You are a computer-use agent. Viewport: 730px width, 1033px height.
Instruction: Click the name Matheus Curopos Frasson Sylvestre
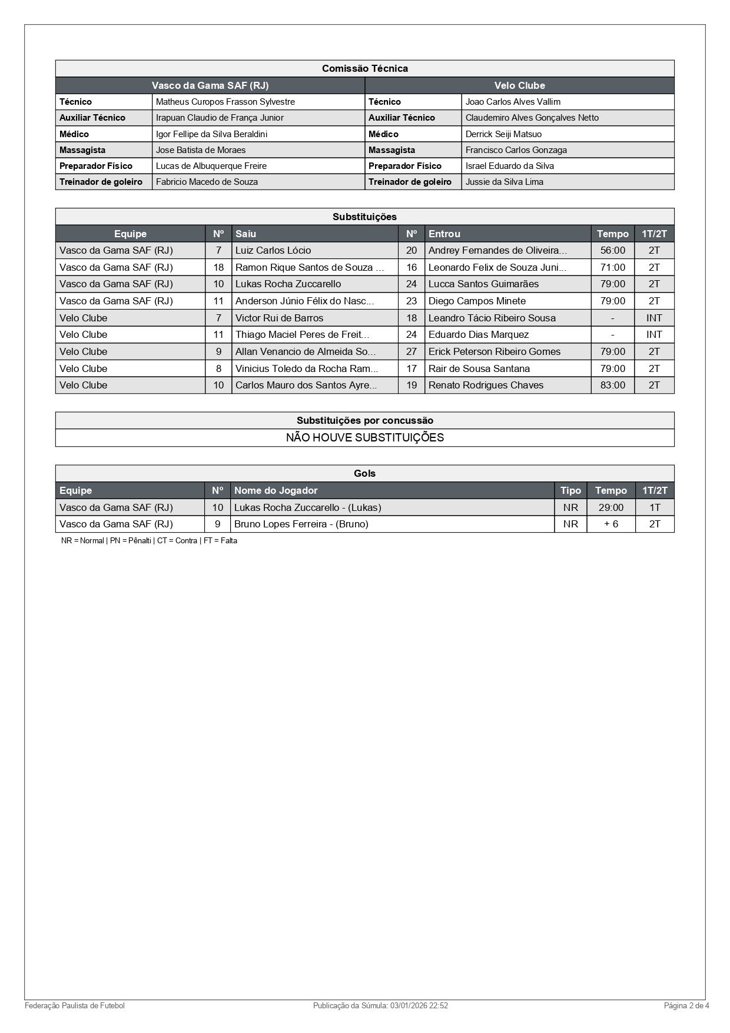pyautogui.click(x=225, y=102)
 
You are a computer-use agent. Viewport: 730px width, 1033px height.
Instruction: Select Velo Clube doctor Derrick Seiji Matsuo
pyautogui.click(x=503, y=134)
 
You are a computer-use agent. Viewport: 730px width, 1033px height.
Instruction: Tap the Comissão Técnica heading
pyautogui.click(x=364, y=69)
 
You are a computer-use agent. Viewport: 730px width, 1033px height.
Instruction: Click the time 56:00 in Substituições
pyautogui.click(x=612, y=251)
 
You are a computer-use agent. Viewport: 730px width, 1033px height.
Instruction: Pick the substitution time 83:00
pyautogui.click(x=612, y=386)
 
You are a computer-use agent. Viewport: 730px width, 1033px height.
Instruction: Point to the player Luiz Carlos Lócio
pyautogui.click(x=273, y=251)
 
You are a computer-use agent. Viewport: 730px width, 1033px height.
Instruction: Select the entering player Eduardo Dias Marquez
pyautogui.click(x=478, y=335)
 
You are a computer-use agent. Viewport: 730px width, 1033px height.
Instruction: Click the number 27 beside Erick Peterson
pyautogui.click(x=412, y=352)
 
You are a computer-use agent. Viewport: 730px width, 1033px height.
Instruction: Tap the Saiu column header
pyautogui.click(x=245, y=234)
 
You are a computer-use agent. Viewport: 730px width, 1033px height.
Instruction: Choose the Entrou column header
pyautogui.click(x=444, y=234)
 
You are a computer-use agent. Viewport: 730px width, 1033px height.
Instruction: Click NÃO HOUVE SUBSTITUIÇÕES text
pyautogui.click(x=364, y=438)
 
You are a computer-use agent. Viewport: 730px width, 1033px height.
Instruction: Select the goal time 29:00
pyautogui.click(x=610, y=508)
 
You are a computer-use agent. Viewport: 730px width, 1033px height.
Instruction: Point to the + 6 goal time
pyautogui.click(x=610, y=524)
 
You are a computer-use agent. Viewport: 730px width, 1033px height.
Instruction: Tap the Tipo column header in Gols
pyautogui.click(x=570, y=491)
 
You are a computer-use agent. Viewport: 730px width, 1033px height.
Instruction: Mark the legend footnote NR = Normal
pyautogui.click(x=82, y=541)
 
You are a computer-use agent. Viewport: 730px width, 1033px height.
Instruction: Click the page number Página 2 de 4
pyautogui.click(x=686, y=1006)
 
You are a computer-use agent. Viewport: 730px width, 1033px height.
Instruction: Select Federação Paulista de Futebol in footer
pyautogui.click(x=75, y=1006)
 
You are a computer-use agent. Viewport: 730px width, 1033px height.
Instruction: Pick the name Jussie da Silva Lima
pyautogui.click(x=504, y=182)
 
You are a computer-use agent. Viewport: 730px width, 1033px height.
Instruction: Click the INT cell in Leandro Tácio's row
pyautogui.click(x=654, y=318)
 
